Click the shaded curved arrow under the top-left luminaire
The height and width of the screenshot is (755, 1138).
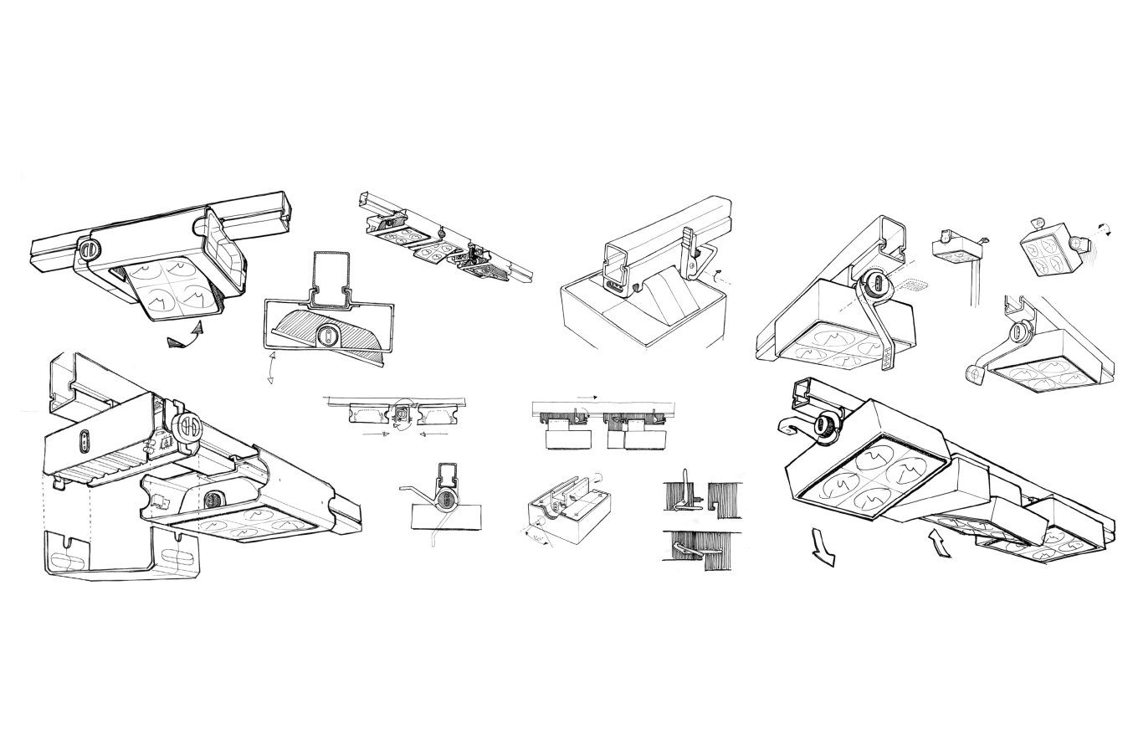[186, 337]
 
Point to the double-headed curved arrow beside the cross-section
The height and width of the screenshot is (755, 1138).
[269, 367]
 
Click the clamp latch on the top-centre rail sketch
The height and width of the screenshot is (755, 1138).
[691, 252]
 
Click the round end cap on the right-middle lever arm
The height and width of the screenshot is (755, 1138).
[974, 374]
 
